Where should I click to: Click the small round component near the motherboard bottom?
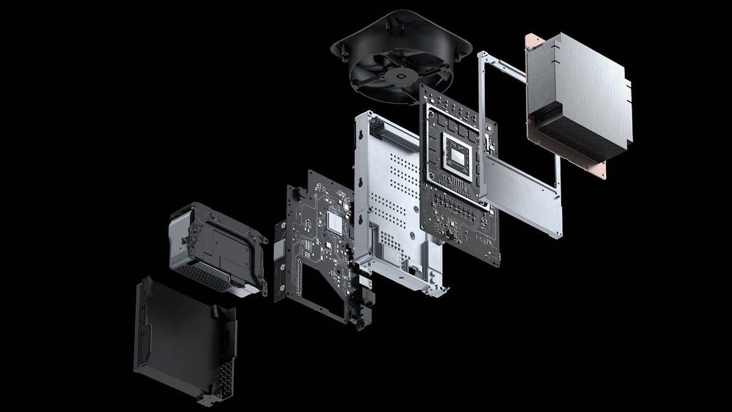coord(451,236)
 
